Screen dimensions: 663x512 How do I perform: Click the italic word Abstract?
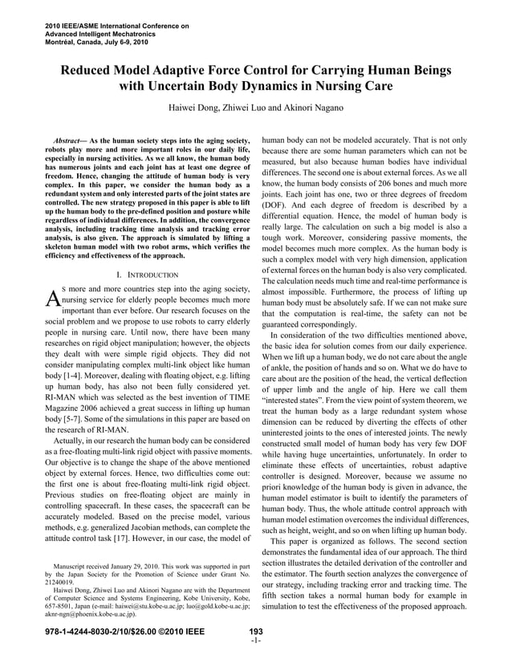pos(67,141)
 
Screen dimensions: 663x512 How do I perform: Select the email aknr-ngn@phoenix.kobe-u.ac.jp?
pos(89,616)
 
